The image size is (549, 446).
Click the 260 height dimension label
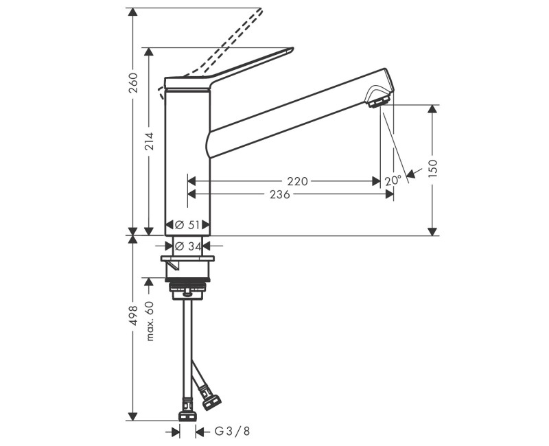point(134,82)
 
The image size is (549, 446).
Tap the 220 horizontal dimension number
point(297,181)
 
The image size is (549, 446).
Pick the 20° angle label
point(393,181)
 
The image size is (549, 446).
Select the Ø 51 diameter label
point(187,224)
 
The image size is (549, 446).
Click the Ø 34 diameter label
point(187,246)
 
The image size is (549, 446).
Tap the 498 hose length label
point(134,316)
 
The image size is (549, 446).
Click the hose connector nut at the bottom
point(187,414)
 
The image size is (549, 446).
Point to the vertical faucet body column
point(187,158)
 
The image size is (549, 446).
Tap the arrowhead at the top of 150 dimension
point(432,110)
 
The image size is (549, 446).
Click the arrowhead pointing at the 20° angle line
point(411,172)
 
